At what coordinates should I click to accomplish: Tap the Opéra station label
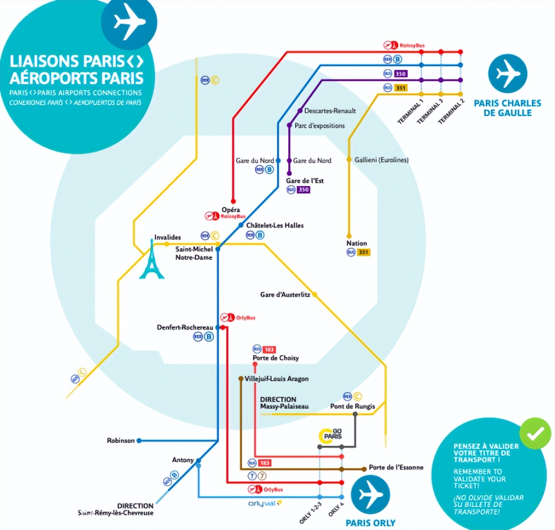231,209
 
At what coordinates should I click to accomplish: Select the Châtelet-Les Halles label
275,225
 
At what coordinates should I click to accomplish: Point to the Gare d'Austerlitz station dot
315,294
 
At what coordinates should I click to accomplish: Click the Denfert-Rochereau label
185,327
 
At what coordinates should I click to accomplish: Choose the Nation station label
356,243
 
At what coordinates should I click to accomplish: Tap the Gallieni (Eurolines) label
381,160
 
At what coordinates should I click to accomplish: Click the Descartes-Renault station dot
300,111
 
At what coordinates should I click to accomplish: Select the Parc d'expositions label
319,126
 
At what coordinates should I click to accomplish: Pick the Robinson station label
121,440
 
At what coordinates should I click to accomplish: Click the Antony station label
183,460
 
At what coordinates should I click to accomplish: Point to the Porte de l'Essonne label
396,467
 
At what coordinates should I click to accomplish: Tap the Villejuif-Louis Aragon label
276,379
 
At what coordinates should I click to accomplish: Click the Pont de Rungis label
353,406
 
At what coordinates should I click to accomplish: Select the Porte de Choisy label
276,358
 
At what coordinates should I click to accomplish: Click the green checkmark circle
535,433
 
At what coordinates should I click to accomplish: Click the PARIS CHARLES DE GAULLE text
508,108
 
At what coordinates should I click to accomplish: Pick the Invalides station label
167,237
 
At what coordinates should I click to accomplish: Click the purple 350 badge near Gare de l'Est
304,189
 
